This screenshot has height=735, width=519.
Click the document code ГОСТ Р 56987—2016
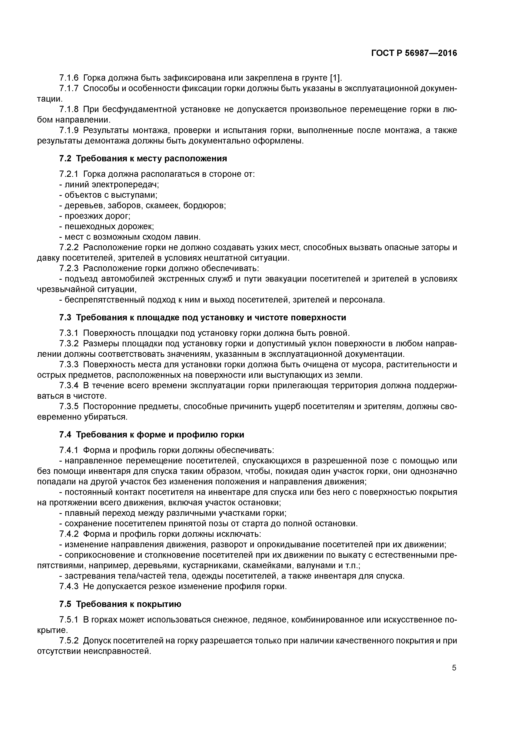click(414, 53)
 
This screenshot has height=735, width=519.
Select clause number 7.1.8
click(69, 110)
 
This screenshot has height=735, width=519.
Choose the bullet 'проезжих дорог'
click(97, 216)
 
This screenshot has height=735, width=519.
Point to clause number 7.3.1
click(69, 333)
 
